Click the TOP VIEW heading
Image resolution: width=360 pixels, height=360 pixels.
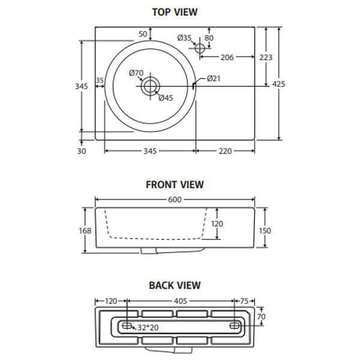[175, 11]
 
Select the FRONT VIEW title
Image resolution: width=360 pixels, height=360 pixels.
[175, 185]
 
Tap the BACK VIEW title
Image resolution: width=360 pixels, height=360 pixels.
[175, 286]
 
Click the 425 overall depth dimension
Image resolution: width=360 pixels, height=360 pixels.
[278, 84]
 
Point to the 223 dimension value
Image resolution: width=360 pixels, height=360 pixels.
[265, 58]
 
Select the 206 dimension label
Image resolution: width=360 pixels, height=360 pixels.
[227, 58]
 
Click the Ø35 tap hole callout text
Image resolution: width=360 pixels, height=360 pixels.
[184, 38]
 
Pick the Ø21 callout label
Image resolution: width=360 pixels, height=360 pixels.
[214, 79]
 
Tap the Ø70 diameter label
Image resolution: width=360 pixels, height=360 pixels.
[136, 73]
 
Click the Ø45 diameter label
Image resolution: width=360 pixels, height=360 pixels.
[166, 98]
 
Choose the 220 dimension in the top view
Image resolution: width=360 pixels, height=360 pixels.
[224, 151]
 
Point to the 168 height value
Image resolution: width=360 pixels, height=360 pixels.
[85, 230]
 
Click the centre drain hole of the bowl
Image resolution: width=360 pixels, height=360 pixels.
[150, 86]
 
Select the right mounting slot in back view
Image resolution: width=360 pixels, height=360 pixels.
[235, 325]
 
